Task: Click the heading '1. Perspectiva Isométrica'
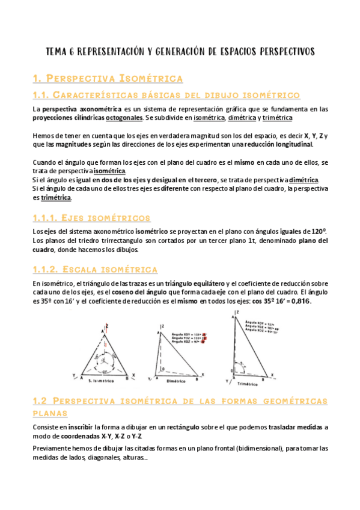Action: tap(106, 79)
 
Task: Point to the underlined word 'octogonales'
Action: tap(133, 118)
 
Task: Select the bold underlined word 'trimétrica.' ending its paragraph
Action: tap(56, 197)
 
